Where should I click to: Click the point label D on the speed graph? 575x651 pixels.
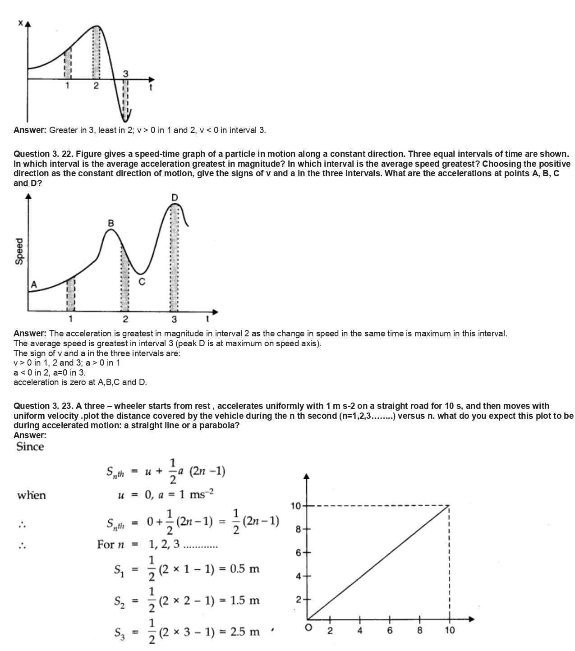coord(175,197)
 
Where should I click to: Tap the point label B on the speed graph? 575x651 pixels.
coord(111,223)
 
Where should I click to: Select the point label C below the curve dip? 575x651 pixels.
coord(142,282)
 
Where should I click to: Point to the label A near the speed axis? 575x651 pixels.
coord(34,284)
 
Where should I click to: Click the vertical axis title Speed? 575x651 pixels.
coord(19,251)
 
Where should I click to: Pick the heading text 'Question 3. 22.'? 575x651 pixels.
coord(43,154)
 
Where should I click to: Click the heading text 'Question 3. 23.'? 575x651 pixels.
coord(43,406)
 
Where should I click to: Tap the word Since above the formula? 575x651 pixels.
coord(30,447)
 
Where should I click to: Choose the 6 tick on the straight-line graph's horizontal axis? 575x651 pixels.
coord(390,630)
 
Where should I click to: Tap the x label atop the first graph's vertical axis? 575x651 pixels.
coord(20,23)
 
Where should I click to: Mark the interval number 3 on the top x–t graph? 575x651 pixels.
coord(125,73)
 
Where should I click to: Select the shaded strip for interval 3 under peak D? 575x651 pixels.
coord(175,257)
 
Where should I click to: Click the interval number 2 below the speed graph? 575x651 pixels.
coord(125,320)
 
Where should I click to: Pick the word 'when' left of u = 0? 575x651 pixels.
coord(32,495)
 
